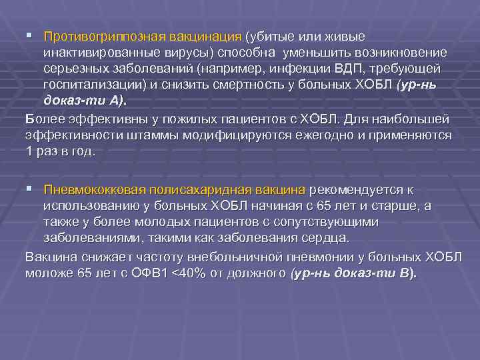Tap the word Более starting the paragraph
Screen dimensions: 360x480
coord(41,119)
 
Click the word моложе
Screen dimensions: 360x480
coord(48,273)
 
